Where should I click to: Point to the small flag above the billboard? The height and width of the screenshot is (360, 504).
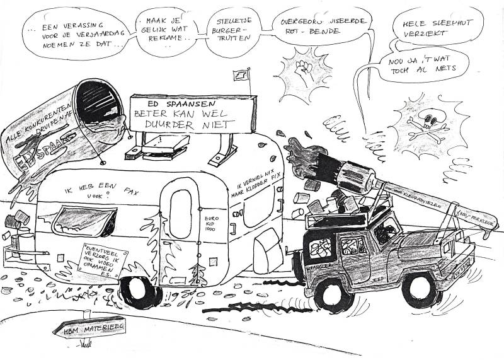[241, 74]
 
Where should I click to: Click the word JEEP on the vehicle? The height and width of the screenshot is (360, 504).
[376, 275]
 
